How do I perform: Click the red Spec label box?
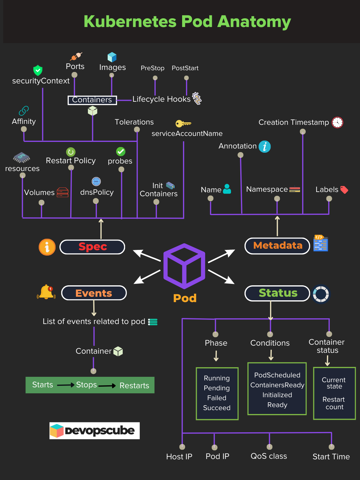pyautogui.click(x=92, y=247)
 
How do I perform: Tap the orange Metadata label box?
pyautogui.click(x=277, y=246)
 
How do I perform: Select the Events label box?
pyautogui.click(x=94, y=293)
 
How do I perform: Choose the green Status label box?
pyautogui.click(x=277, y=293)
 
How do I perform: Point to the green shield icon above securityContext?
pyautogui.click(x=38, y=70)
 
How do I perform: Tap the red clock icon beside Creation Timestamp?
pyautogui.click(x=337, y=122)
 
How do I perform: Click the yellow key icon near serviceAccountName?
pyautogui.click(x=183, y=123)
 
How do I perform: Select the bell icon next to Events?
pyautogui.click(x=46, y=292)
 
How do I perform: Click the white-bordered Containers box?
pyautogui.click(x=92, y=100)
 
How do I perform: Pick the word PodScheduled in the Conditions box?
pyautogui.click(x=277, y=375)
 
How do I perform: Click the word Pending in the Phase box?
pyautogui.click(x=217, y=388)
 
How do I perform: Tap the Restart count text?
pyautogui.click(x=334, y=403)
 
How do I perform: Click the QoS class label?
pyautogui.click(x=269, y=456)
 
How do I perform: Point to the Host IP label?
pyautogui.click(x=179, y=457)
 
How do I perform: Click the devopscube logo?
pyautogui.click(x=94, y=430)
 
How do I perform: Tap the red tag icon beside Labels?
pyautogui.click(x=344, y=190)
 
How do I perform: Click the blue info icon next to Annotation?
pyautogui.click(x=265, y=147)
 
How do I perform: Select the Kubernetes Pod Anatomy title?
pyautogui.click(x=187, y=22)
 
